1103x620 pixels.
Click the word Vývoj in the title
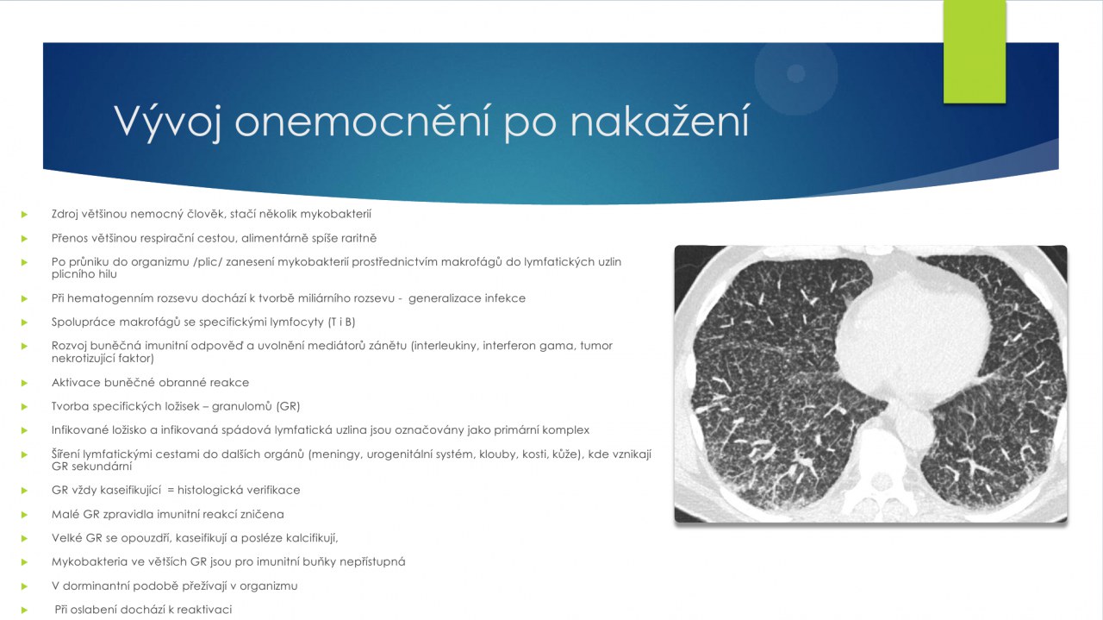coord(167,122)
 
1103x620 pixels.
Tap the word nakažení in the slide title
coord(660,120)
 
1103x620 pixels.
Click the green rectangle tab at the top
coord(975,52)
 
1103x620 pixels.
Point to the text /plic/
coord(208,261)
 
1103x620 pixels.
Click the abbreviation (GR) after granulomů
coord(288,406)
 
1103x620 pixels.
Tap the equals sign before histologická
coord(171,491)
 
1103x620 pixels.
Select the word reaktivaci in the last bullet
coord(204,610)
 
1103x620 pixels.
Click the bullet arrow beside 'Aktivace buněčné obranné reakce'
coord(24,383)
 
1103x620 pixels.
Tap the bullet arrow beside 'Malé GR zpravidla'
coord(24,515)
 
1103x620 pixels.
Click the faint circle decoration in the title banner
coord(795,74)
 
